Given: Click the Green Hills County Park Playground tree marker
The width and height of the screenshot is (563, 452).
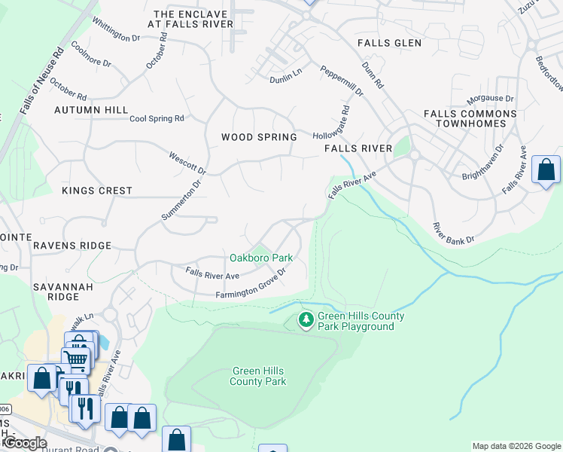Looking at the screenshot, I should pos(306,320).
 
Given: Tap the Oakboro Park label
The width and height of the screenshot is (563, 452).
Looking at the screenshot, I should pos(260,258).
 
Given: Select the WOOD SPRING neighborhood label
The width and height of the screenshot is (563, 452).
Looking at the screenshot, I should pos(259,137).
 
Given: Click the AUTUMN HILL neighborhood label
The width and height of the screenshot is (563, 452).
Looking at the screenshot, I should pos(91,110).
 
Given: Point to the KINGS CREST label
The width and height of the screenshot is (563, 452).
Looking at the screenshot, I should pos(97,191).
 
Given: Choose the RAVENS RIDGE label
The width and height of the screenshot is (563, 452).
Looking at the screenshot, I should pos(72,246).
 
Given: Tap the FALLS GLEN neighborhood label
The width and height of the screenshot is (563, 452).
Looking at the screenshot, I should pos(389,43).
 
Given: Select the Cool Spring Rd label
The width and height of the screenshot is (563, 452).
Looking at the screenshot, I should pos(157,119).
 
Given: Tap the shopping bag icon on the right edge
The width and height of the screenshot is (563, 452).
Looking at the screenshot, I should pos(545,169).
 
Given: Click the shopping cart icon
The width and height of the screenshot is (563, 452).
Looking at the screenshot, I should pos(76,359).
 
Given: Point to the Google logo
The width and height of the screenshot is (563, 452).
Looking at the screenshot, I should pos(25,443).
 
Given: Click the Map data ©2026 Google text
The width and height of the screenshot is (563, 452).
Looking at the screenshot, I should pos(516,446).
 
